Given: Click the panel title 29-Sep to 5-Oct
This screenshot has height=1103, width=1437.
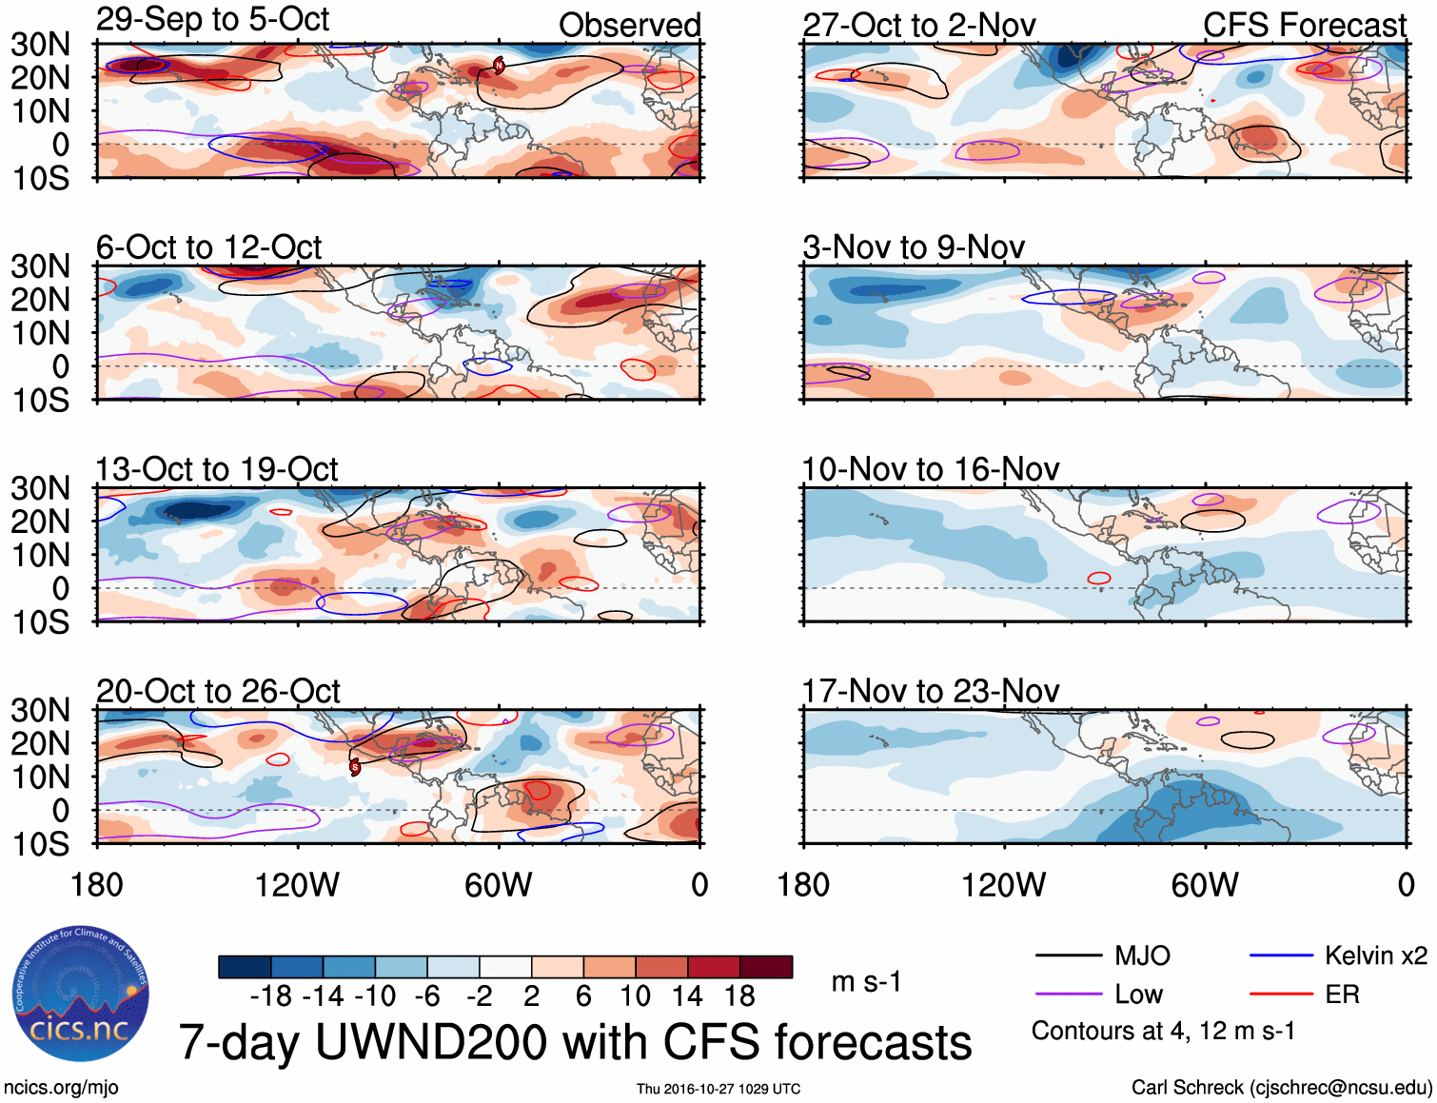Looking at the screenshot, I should pos(212,20).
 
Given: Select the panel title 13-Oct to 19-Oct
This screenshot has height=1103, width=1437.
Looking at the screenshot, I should pos(217,469).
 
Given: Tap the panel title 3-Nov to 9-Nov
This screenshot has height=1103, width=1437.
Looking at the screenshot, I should pos(914,247).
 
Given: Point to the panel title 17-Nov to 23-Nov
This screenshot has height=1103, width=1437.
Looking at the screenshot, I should pos(931,691).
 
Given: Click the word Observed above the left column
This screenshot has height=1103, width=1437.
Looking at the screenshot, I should pos(629,26).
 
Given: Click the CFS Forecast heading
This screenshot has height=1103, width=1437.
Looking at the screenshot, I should pos(1304,26).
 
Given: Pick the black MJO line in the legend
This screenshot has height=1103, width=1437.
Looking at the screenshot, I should pos(1068,955).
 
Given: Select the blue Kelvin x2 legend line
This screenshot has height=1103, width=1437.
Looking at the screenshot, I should pos(1281,955).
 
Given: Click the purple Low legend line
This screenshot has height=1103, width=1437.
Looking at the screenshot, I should pos(1068,995).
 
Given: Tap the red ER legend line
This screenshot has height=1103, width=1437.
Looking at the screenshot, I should pos(1281,995).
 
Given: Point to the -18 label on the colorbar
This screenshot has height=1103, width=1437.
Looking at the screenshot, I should pos(270,996).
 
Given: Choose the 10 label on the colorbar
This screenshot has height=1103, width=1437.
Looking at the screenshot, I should pos(635,996).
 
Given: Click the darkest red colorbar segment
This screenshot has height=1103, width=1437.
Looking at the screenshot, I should pos(766,967).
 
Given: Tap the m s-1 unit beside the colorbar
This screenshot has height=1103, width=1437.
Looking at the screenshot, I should pos(866,982).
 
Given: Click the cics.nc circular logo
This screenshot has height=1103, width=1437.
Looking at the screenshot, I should pos(81,994).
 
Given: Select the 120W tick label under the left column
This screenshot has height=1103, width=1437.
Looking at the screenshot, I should pos(297,885).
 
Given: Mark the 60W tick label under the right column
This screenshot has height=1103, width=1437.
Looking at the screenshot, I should pos(1205,885).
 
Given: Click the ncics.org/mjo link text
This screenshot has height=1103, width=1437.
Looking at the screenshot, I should pos(61,1088).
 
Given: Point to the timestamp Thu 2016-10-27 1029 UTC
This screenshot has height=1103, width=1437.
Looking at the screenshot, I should pos(718,1089).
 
